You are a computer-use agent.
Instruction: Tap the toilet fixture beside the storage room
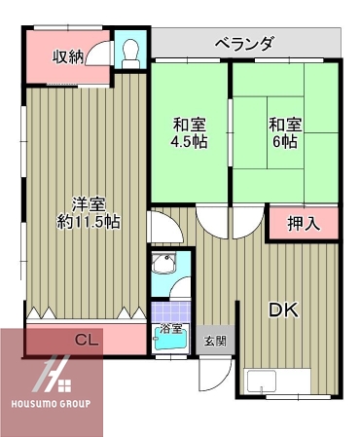click(128, 52)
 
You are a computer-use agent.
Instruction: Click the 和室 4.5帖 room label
click(189, 132)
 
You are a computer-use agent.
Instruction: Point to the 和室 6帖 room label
click(284, 132)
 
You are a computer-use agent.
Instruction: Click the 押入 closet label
click(303, 223)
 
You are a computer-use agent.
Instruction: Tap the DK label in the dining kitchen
click(282, 310)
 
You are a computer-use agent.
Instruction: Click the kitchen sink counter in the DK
click(277, 382)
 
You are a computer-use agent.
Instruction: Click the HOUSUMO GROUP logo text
click(50, 403)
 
